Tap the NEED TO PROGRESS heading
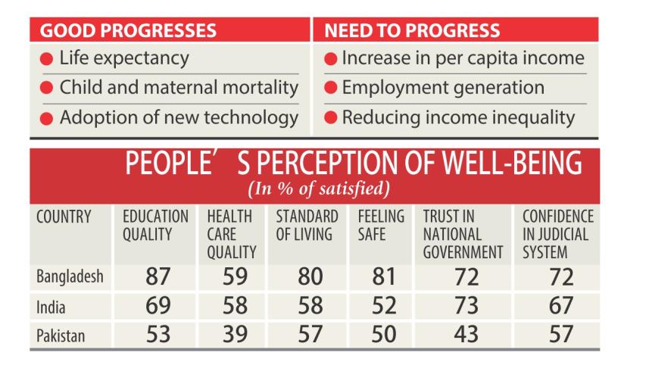412,31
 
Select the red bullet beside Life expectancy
47,59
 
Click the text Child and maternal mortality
179,88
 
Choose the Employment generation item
442,88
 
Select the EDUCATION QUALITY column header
156,226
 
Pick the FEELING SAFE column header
381,226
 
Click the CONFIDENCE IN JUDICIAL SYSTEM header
558,234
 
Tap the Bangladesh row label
70,277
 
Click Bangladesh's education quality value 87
157,278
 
